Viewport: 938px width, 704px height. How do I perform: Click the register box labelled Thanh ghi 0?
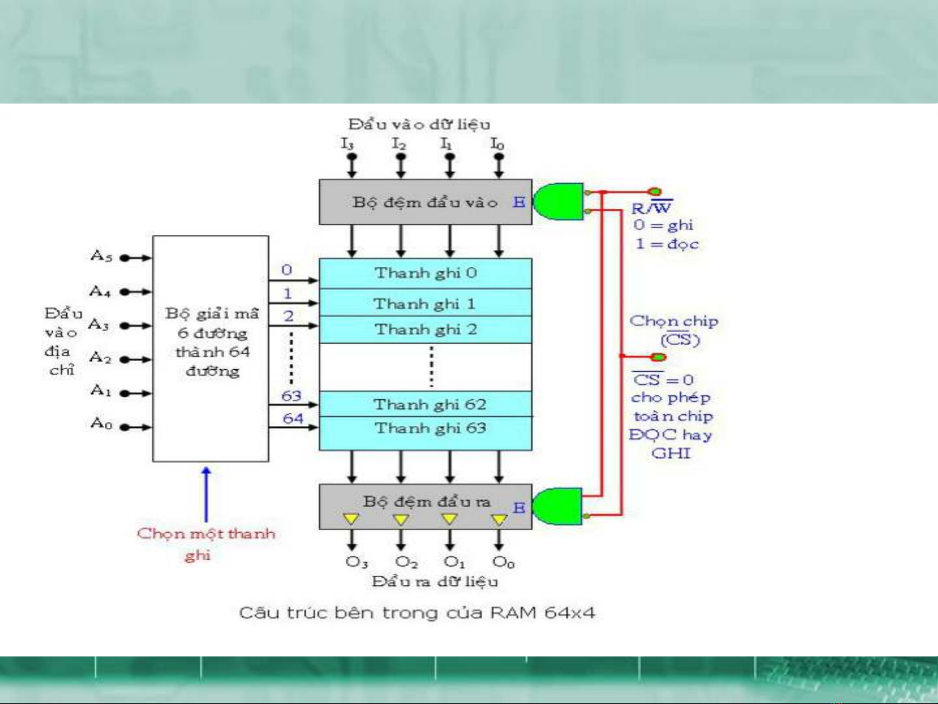click(425, 273)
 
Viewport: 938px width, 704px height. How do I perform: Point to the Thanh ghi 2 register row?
click(426, 330)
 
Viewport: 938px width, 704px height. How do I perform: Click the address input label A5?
click(101, 256)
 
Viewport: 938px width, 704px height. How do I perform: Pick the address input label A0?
click(101, 424)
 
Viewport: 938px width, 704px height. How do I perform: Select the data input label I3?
click(347, 143)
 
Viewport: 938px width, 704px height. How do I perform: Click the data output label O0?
click(503, 562)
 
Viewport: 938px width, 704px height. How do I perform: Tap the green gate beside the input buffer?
click(559, 201)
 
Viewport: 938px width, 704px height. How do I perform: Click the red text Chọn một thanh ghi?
click(206, 543)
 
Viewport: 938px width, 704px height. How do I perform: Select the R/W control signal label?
click(652, 208)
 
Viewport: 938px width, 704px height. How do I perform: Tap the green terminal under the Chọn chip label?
click(659, 357)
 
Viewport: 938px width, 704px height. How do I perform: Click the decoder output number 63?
click(291, 396)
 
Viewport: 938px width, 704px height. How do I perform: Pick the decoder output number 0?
click(286, 270)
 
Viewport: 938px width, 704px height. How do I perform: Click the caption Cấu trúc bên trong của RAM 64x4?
click(417, 613)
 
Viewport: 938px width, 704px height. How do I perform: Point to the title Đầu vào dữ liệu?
click(419, 124)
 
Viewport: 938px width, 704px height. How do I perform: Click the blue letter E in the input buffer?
click(518, 202)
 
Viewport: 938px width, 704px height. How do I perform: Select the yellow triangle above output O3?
click(351, 519)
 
